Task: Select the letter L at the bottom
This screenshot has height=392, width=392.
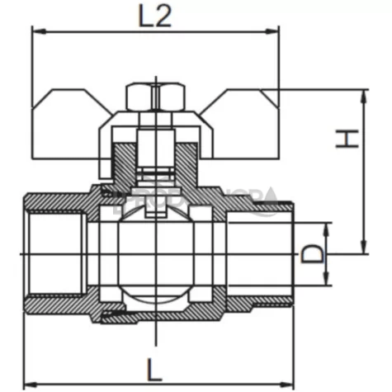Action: (153, 365)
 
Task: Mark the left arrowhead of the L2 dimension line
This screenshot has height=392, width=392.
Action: (35, 32)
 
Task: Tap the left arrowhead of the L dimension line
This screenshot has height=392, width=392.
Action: (27, 382)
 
